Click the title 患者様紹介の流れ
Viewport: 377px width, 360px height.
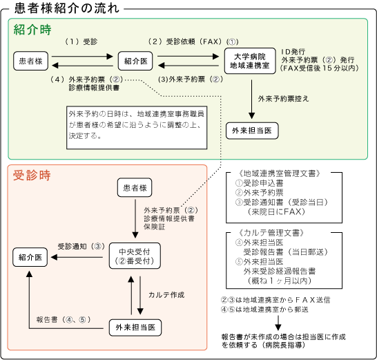coord(67,8)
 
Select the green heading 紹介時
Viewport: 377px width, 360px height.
coord(32,30)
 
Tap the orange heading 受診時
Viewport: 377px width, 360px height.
coord(32,175)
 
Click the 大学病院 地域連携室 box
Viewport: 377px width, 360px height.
coord(250,61)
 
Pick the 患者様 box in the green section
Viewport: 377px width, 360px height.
coord(31,61)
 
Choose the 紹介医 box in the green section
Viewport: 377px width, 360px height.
coord(135,61)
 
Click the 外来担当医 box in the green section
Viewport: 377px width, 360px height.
coord(252,131)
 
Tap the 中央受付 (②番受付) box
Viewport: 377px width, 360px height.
coord(135,256)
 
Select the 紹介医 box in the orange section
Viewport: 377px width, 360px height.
coord(30,257)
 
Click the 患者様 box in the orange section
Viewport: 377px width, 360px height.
coord(135,187)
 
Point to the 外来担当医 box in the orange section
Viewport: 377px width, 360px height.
coord(135,328)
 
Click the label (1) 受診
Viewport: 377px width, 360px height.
coord(81,41)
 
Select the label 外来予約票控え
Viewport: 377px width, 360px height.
coord(283,98)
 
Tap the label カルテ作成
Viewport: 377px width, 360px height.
coord(166,295)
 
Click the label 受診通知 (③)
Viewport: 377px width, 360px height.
coord(81,246)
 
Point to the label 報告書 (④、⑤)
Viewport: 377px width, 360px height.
coord(64,319)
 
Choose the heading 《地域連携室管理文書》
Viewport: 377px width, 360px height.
coord(279,173)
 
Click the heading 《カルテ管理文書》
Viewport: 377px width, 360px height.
coord(271,233)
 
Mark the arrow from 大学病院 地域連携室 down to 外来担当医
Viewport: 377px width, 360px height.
coord(252,100)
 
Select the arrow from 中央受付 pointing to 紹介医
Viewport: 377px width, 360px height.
coord(77,257)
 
